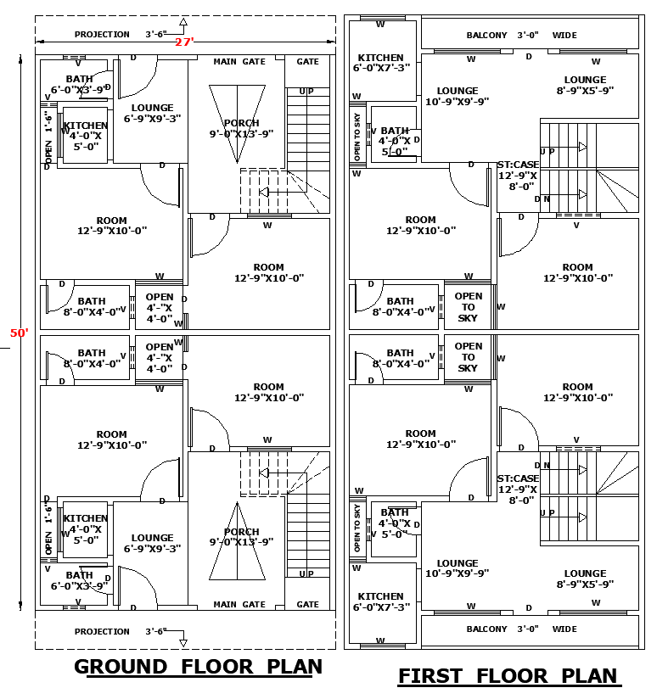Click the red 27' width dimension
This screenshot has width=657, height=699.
click(x=184, y=42)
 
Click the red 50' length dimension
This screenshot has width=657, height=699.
click(x=19, y=333)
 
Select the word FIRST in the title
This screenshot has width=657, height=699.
click(x=430, y=676)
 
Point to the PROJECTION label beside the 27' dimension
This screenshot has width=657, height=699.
click(x=102, y=35)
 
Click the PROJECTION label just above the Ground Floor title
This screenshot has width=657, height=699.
click(x=102, y=631)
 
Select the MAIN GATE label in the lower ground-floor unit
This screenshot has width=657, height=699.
click(x=239, y=605)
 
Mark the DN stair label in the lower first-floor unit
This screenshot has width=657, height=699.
click(x=542, y=465)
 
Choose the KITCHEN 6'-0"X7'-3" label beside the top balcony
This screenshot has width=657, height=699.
click(x=381, y=63)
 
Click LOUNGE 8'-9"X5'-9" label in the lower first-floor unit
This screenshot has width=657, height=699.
click(x=585, y=579)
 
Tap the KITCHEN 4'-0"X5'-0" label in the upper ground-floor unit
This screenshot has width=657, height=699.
click(x=85, y=136)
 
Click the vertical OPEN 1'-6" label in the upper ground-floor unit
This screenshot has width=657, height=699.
click(x=48, y=139)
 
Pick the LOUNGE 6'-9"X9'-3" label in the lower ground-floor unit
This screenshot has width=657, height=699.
click(x=152, y=543)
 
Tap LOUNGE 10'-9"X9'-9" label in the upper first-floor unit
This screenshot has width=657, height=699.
click(x=457, y=96)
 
